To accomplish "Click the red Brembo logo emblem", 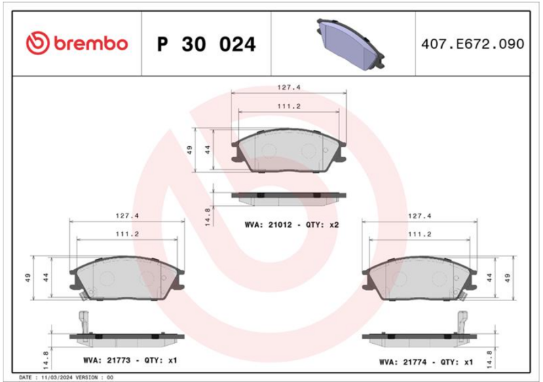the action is coord(37,44).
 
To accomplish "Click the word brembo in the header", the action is coord(91,44).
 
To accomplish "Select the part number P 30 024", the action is coord(206,44).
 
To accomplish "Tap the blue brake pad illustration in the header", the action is coord(350,44).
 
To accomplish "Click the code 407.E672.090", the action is coord(472,44).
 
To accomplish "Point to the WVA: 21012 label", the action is coord(268,224).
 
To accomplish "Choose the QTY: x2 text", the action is coord(322,224).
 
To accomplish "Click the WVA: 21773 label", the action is coord(107,360).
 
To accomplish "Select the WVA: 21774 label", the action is coord(402,362).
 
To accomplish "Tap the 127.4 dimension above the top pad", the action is coord(289,88).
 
